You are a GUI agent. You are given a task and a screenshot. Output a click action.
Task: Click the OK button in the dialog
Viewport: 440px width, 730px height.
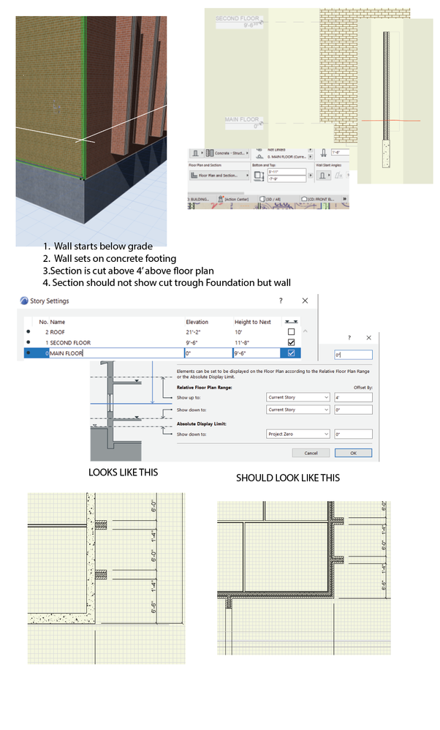click(354, 453)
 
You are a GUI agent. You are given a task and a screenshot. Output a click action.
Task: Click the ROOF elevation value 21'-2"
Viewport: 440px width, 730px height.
click(197, 332)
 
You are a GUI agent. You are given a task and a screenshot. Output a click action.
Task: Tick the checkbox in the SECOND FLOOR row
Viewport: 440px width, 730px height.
click(292, 342)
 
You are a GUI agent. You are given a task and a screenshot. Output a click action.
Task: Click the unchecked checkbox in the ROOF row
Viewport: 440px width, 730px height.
click(292, 332)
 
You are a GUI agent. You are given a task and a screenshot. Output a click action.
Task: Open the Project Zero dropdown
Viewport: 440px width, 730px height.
click(298, 434)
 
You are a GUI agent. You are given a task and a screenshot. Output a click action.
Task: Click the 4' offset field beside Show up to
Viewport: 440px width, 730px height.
click(352, 398)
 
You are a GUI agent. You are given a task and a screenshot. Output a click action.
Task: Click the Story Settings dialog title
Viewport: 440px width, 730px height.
click(50, 301)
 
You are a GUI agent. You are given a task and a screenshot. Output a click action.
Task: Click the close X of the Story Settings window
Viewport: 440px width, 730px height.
click(305, 301)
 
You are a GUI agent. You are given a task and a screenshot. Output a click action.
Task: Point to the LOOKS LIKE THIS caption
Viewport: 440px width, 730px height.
click(123, 473)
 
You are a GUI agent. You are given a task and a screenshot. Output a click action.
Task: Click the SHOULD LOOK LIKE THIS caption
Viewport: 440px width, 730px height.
click(287, 478)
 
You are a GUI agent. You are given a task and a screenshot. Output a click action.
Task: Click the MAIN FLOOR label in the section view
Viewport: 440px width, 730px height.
click(242, 121)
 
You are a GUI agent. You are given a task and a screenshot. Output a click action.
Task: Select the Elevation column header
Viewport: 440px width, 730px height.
click(197, 321)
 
